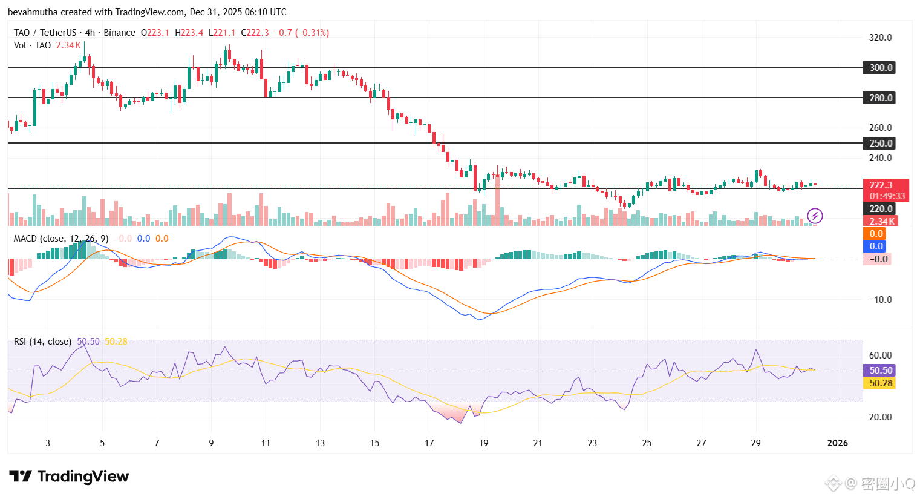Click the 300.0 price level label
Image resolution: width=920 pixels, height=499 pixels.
click(x=880, y=68)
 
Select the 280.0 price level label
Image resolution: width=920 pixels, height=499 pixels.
click(x=880, y=98)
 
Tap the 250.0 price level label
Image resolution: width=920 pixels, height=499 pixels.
click(x=880, y=144)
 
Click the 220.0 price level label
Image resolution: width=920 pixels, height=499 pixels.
click(x=880, y=209)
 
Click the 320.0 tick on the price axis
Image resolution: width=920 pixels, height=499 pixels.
click(x=880, y=38)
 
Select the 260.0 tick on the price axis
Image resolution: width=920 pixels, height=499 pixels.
click(x=880, y=128)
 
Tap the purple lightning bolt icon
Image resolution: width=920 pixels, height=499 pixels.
click(x=815, y=216)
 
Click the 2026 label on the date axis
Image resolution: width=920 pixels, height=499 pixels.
click(x=837, y=443)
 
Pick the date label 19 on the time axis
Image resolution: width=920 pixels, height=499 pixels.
click(x=483, y=443)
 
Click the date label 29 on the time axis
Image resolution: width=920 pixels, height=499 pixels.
click(x=755, y=443)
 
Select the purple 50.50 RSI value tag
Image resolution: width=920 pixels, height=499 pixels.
click(x=881, y=371)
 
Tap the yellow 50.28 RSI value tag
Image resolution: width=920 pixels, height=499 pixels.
click(x=881, y=383)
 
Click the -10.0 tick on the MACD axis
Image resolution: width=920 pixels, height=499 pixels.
click(x=880, y=300)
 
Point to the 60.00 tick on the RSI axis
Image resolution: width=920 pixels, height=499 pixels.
click(x=880, y=355)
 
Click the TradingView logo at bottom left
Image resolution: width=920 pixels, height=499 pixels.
click(x=70, y=477)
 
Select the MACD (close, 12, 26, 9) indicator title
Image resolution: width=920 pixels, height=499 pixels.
click(x=61, y=239)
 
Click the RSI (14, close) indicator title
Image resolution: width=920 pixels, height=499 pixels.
click(x=42, y=342)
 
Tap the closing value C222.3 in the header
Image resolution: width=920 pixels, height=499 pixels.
click(x=255, y=33)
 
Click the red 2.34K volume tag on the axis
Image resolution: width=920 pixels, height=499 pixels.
click(x=881, y=222)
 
